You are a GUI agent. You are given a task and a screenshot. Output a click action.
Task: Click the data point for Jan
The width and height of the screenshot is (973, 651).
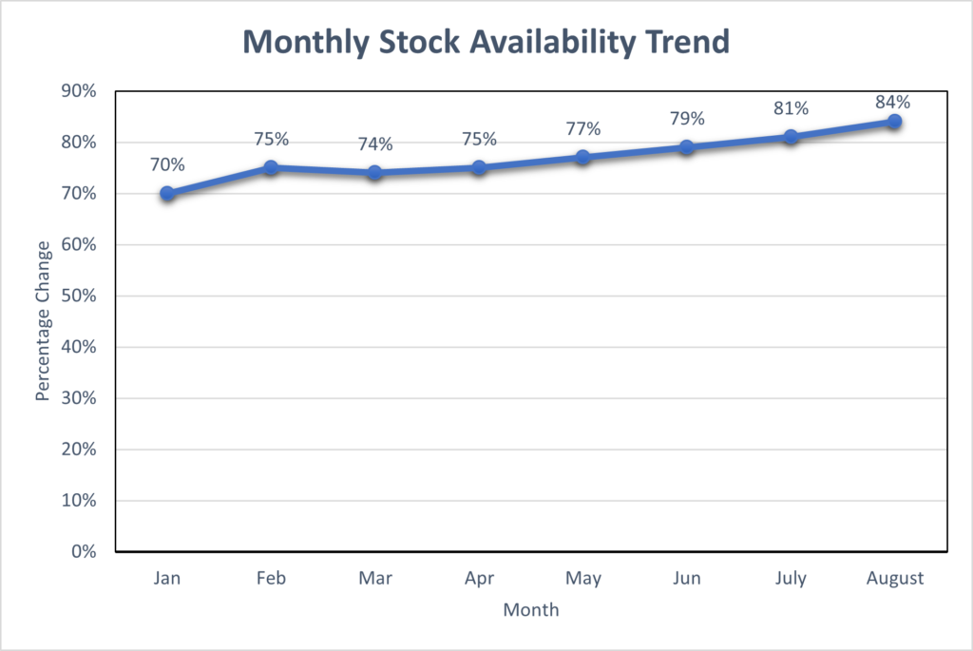pyautogui.click(x=167, y=194)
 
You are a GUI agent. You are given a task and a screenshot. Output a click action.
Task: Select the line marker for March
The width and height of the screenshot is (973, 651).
pyautogui.click(x=374, y=173)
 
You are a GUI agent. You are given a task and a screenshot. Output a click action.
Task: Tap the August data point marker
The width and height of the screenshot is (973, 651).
pyautogui.click(x=894, y=122)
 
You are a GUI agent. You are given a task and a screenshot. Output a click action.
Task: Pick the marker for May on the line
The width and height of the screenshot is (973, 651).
pyautogui.click(x=582, y=158)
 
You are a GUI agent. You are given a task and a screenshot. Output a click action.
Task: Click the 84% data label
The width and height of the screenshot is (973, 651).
pyautogui.click(x=894, y=102)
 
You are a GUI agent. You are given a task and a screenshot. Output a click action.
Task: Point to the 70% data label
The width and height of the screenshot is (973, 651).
pyautogui.click(x=167, y=164)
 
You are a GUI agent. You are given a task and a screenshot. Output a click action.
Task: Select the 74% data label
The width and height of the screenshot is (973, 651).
pyautogui.click(x=374, y=144)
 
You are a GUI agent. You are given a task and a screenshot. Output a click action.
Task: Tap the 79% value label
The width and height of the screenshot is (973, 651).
pyautogui.click(x=687, y=119)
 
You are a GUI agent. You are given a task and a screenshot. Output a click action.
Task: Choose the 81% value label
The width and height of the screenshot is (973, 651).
pyautogui.click(x=791, y=108)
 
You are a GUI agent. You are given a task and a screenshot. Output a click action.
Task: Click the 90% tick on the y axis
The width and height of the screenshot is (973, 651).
pyautogui.click(x=80, y=91)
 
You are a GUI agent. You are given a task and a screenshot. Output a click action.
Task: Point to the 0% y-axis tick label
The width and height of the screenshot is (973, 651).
pyautogui.click(x=85, y=551)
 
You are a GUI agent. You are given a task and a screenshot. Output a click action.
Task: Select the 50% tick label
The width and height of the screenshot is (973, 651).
pyautogui.click(x=80, y=296)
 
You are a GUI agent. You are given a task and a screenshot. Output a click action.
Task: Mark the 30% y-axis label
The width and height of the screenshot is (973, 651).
pyautogui.click(x=80, y=398)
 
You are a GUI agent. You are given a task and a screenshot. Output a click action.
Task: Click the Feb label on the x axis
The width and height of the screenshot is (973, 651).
pyautogui.click(x=271, y=578)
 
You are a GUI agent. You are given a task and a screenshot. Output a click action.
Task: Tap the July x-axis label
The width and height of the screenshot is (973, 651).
pyautogui.click(x=791, y=578)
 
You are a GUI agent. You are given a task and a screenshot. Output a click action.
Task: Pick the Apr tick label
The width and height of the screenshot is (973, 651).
pyautogui.click(x=479, y=578)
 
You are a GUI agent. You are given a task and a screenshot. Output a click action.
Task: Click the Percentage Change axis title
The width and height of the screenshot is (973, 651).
pyautogui.click(x=42, y=321)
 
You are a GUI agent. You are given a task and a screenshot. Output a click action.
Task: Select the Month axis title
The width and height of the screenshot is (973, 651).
pyautogui.click(x=531, y=610)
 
